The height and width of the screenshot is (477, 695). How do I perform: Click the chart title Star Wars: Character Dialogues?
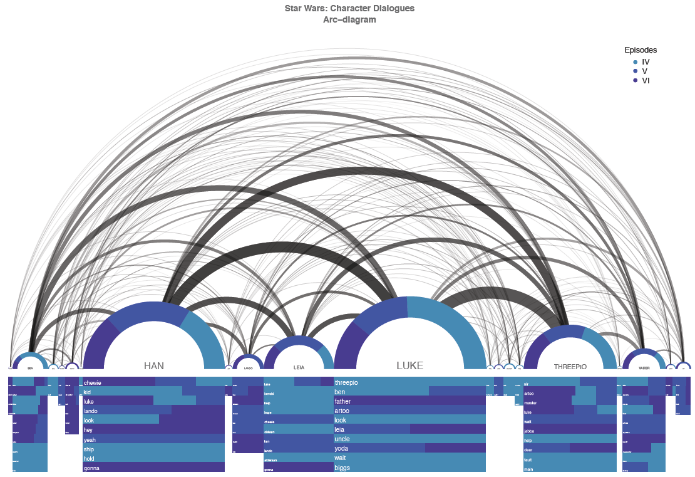click(349, 9)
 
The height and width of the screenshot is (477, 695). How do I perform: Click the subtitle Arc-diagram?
click(349, 19)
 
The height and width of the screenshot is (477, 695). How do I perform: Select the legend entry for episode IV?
click(645, 62)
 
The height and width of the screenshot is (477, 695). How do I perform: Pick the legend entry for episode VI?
click(645, 80)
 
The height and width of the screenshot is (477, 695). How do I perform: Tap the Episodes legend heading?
click(640, 50)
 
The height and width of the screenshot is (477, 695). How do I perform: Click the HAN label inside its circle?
click(153, 365)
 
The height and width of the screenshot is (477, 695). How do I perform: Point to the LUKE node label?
click(410, 365)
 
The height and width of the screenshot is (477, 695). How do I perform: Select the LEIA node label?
click(299, 367)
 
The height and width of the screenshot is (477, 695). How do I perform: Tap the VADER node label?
click(644, 368)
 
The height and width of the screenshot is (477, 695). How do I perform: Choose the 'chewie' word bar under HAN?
click(153, 382)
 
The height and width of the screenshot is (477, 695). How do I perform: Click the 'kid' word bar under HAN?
click(153, 391)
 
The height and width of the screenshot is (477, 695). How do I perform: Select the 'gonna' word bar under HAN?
click(153, 468)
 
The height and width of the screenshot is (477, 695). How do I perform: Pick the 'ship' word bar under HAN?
click(153, 449)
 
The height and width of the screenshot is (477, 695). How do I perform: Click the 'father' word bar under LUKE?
click(410, 401)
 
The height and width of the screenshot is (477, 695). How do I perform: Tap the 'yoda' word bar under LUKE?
click(410, 449)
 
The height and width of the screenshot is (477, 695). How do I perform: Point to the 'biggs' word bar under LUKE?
click(410, 468)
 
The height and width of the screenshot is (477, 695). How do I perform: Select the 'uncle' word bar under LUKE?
click(410, 439)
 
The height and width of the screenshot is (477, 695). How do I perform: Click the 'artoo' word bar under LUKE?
click(410, 411)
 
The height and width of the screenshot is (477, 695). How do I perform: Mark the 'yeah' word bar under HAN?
click(153, 439)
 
